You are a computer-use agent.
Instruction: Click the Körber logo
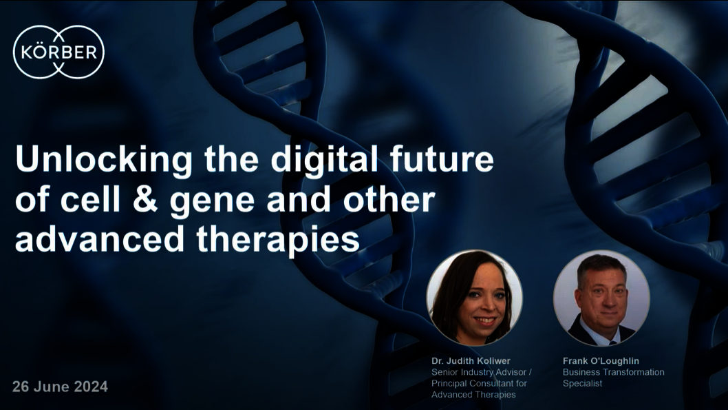tap(58, 52)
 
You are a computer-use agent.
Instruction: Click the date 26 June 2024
tap(60, 387)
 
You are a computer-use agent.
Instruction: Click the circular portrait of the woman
tap(475, 298)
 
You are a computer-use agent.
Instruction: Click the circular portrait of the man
tap(601, 298)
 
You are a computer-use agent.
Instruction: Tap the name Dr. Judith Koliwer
tap(471, 360)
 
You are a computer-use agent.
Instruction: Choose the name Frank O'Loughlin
tap(601, 360)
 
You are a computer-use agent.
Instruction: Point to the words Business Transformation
tap(613, 372)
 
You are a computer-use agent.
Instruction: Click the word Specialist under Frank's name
tap(582, 384)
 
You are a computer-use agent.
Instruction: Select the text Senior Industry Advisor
tap(479, 372)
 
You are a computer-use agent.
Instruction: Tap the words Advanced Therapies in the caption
tap(473, 395)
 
